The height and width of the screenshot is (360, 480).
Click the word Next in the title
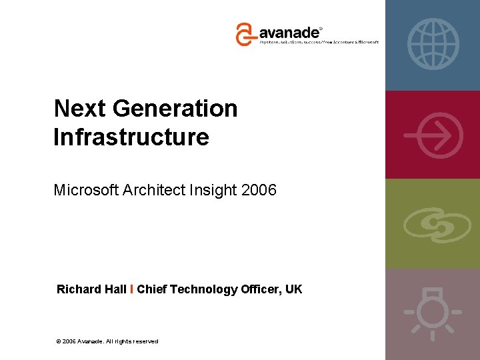pos(76,108)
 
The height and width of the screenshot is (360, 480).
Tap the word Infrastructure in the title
pos(131,137)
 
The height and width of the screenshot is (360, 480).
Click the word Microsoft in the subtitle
pos(87,190)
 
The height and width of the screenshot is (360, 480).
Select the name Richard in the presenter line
pos(79,289)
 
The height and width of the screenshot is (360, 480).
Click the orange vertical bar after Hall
pos(132,289)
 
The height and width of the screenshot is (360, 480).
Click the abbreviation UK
pos(293,289)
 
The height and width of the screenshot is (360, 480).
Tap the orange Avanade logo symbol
pos(245,33)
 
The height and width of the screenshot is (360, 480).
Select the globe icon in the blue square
pos(433,44)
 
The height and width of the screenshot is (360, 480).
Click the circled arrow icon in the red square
pos(433,134)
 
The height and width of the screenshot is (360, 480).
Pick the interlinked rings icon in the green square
pos(433,224)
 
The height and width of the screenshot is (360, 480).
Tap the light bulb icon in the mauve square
pos(433,313)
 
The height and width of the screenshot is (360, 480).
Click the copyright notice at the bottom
pos(108,341)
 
